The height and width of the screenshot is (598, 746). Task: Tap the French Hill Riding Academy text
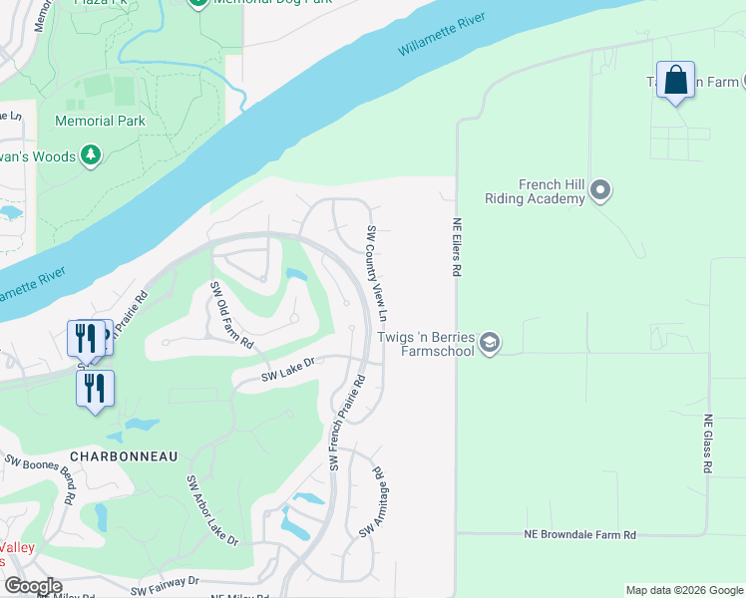[535, 191]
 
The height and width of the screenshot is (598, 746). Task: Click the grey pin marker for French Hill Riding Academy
[600, 189]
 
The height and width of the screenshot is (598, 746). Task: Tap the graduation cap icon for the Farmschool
[489, 344]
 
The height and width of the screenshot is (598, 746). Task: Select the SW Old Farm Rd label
[230, 314]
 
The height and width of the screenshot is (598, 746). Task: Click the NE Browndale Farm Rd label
[579, 535]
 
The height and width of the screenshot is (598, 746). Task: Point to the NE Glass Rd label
[707, 444]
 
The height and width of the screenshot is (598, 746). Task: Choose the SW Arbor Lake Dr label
[211, 509]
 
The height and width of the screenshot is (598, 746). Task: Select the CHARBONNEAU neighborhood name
[124, 455]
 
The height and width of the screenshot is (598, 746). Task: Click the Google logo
[32, 586]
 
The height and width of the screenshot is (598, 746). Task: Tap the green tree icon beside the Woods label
[91, 155]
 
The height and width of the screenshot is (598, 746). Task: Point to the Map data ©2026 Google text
[683, 590]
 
